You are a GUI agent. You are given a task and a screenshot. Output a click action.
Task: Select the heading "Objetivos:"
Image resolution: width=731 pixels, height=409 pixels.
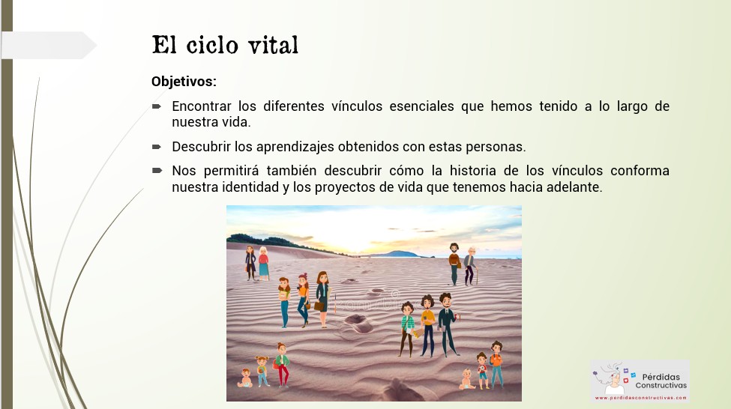click(x=184, y=82)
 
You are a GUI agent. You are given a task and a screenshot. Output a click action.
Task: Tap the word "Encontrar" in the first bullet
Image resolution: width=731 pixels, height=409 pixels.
click(x=202, y=106)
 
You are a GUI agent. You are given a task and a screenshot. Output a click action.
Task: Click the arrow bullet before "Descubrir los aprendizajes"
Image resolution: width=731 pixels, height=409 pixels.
click(x=157, y=147)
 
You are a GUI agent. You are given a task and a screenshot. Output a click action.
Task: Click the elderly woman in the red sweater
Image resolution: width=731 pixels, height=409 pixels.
click(x=264, y=263)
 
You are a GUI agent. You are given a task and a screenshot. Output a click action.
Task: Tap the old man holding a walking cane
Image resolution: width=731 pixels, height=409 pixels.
click(x=470, y=266)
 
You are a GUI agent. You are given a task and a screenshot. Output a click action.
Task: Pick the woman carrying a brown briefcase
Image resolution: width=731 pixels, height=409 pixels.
click(x=322, y=299)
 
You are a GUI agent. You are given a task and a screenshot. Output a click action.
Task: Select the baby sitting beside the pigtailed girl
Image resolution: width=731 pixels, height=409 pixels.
click(x=244, y=378)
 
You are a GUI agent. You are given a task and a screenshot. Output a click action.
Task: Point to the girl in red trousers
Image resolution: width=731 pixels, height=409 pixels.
click(x=282, y=366)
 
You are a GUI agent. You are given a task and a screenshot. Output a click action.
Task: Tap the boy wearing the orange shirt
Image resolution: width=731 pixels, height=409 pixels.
click(x=496, y=365)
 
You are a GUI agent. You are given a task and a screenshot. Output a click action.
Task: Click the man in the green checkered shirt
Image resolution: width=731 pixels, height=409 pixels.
click(x=407, y=330)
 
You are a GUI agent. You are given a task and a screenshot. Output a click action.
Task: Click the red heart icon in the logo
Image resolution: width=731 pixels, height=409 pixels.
click(x=625, y=380)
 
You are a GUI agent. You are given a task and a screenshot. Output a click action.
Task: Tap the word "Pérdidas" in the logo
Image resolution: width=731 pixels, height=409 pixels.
click(x=661, y=377)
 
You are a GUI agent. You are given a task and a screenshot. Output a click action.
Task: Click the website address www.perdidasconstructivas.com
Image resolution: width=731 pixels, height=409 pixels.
click(x=640, y=398)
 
